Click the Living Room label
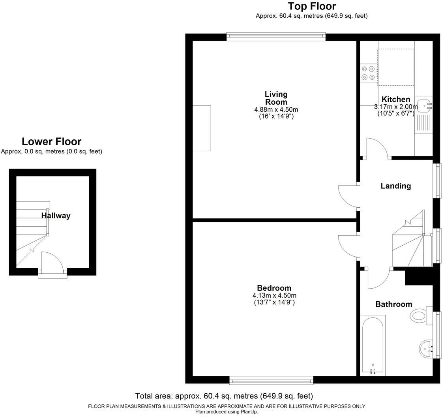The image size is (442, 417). point(276,98)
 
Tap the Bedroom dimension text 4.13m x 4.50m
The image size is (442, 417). point(274,295)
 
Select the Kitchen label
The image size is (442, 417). point(395,99)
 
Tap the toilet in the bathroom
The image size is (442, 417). point(419,316)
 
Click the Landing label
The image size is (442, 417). point(395,186)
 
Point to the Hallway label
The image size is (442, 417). point(56,216)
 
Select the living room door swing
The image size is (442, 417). point(348,195)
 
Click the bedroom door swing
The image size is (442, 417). point(348,246)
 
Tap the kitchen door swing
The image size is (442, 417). point(377,148)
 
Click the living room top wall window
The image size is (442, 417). point(276,37)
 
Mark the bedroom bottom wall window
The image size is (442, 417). point(271,380)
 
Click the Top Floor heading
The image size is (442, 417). point(312,6)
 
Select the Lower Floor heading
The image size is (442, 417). point(51,141)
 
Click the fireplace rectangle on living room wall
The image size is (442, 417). point(202,128)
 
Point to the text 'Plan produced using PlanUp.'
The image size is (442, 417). point(227,411)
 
